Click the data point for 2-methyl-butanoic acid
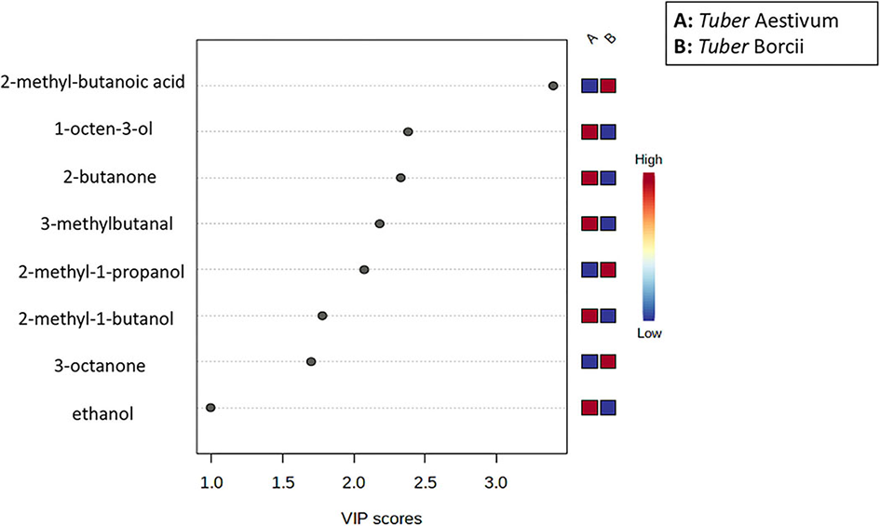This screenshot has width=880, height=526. point(553,86)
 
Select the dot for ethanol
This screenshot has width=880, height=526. point(210,408)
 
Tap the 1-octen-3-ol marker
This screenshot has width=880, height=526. point(408,132)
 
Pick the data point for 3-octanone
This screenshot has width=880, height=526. point(311,361)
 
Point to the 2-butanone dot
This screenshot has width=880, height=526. point(400,178)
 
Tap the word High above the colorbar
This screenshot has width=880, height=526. point(649,159)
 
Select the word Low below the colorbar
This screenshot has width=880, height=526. point(649,333)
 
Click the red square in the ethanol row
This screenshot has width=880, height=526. point(589,408)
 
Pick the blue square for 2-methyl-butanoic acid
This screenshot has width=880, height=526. point(589,87)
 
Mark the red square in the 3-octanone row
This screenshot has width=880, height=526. point(608,361)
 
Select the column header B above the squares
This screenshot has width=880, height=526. point(609,39)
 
